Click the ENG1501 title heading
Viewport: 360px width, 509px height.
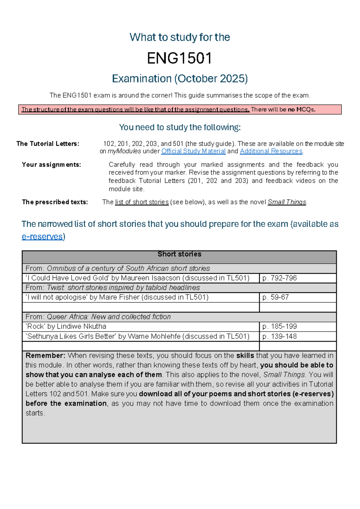coord(179,58)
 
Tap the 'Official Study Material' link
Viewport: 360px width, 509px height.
coord(193,151)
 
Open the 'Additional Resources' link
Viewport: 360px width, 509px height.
coord(271,151)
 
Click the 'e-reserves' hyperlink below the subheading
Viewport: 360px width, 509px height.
coord(42,237)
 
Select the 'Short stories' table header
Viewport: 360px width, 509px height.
coord(179,254)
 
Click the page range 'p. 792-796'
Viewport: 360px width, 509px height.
coord(279,278)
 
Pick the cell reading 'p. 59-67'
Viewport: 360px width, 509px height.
coord(275,297)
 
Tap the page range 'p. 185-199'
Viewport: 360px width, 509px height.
coord(279,327)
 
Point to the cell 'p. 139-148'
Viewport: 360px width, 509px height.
coord(279,336)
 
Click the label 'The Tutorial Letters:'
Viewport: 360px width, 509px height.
coord(48,144)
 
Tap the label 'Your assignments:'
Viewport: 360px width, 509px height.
coord(51,165)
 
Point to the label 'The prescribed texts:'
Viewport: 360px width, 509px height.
coord(55,202)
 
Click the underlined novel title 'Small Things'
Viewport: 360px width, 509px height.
coord(287,202)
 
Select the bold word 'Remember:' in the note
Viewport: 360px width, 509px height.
coord(45,356)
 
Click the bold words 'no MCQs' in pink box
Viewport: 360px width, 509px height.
coord(301,110)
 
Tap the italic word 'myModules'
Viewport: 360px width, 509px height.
coord(124,151)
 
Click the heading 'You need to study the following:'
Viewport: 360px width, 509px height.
coord(180,128)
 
